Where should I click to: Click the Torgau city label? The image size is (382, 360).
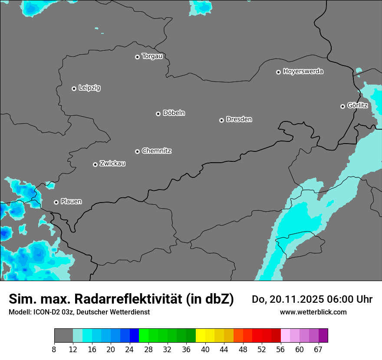152,56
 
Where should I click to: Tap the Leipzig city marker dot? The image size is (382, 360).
74,88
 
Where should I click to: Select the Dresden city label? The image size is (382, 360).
239,119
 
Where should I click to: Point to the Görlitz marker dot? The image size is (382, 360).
342,106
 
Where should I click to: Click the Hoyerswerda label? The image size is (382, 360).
303,72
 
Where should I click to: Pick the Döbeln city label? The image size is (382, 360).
174,113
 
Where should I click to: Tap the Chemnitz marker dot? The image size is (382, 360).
137,151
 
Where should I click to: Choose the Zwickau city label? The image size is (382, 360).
112,164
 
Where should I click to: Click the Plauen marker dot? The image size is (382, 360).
56,202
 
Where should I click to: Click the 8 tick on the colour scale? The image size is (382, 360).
54,350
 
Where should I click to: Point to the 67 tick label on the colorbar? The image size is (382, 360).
318,350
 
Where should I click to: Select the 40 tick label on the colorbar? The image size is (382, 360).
205,350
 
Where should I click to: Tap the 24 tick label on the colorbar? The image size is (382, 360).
130,350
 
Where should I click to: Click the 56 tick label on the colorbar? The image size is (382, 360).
280,350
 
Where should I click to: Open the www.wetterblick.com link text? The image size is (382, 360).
313,312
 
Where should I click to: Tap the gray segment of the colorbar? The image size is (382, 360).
63,336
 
